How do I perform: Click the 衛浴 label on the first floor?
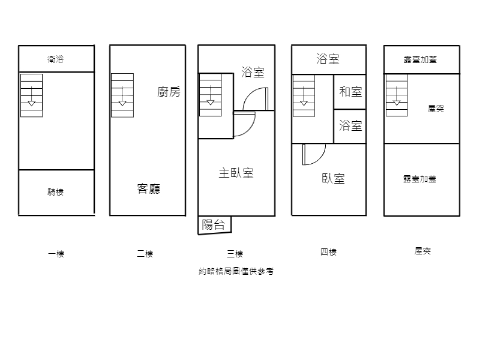tap(55, 59)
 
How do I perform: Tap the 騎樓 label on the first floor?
tap(55, 192)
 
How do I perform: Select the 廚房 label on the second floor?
tap(169, 92)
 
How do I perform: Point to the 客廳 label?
tap(148, 188)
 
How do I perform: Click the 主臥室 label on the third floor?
tap(236, 173)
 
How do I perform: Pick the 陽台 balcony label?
tap(214, 224)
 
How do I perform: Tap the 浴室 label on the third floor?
tap(253, 72)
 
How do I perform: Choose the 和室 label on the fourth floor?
tap(351, 92)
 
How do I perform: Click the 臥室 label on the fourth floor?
tap(334, 178)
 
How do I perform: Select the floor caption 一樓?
tap(56, 254)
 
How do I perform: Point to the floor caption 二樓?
tap(145, 254)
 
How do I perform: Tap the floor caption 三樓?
tap(235, 254)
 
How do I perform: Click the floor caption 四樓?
tap(328, 252)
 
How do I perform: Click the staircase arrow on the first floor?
tap(32, 96)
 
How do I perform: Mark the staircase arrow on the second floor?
tap(122, 96)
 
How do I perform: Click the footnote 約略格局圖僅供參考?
tap(236, 271)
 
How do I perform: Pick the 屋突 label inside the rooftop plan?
tap(436, 109)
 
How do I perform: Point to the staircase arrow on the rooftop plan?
tap(397, 96)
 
